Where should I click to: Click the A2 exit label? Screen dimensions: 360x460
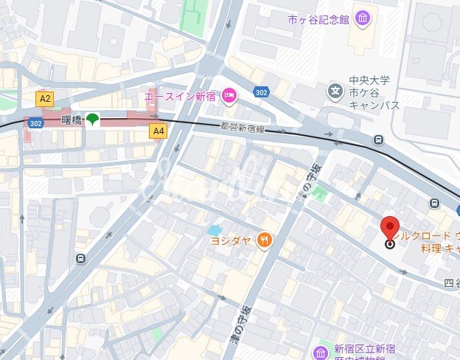(x=46, y=98)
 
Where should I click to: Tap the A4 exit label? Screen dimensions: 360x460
(x=158, y=131)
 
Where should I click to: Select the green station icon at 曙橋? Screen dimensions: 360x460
(x=93, y=119)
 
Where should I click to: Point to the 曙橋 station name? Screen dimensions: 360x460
(x=72, y=120)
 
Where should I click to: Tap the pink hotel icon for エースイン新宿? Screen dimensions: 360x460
(x=229, y=94)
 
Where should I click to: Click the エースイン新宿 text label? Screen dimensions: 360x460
(x=181, y=95)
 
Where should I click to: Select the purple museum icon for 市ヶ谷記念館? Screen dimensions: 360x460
(x=363, y=18)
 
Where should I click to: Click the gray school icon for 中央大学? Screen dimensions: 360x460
(x=336, y=92)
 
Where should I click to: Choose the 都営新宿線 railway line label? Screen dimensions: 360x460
(x=242, y=128)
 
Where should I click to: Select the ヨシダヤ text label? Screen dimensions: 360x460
(x=231, y=240)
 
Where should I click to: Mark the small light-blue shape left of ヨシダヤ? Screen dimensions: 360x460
(x=215, y=230)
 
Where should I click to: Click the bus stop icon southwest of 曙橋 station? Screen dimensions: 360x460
(x=80, y=258)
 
